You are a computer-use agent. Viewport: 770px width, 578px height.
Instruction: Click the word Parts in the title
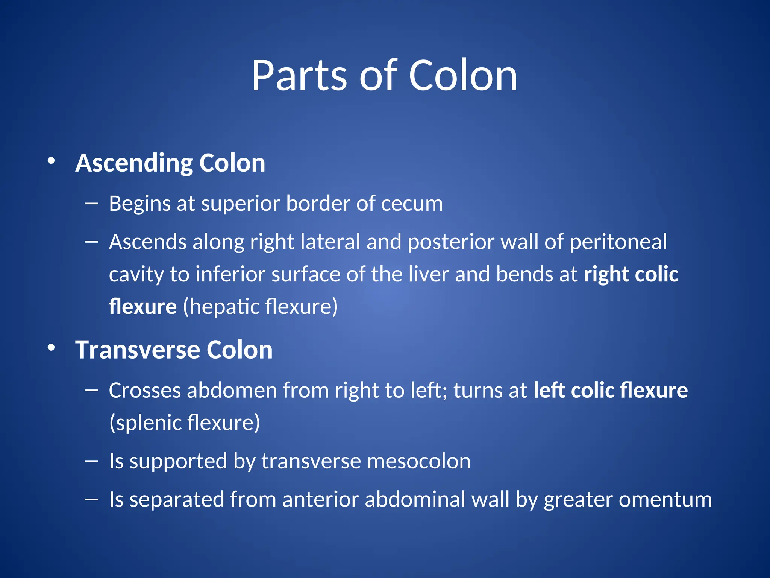pos(299,76)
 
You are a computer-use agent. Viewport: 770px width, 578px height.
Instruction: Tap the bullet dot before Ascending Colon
pos(51,161)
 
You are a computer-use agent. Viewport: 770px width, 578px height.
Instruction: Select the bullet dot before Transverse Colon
pos(51,348)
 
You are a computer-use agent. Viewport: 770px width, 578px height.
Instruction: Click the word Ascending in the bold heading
pos(134,164)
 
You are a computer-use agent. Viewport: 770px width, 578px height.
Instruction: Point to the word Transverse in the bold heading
pos(137,350)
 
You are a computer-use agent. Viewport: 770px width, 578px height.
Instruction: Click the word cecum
pos(412,204)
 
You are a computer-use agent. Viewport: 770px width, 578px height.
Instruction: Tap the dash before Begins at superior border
pos(91,204)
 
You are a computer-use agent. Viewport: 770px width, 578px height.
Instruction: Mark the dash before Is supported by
pos(91,461)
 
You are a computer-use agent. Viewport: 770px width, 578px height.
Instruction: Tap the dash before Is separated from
pos(91,500)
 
